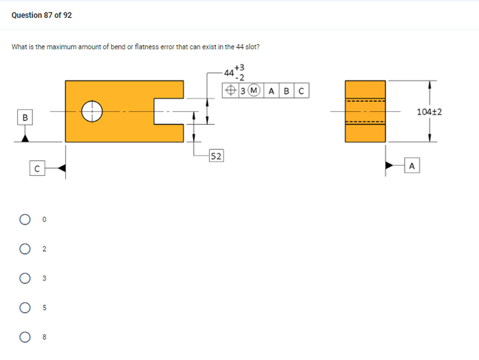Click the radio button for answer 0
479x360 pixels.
pos(24,219)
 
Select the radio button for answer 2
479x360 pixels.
pos(24,249)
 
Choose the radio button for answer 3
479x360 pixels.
pos(24,278)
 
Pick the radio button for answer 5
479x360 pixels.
pos(24,308)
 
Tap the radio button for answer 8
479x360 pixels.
pos(24,337)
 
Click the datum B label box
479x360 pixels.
pos(24,118)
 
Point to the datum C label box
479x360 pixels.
pos(36,168)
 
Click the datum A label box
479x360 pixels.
pos(412,165)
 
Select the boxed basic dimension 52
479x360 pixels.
pos(216,156)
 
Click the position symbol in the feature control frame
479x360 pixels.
pos(231,92)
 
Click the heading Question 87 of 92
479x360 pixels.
pos(41,15)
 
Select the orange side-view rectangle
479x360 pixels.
pos(365,111)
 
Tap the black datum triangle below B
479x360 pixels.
pos(25,138)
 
